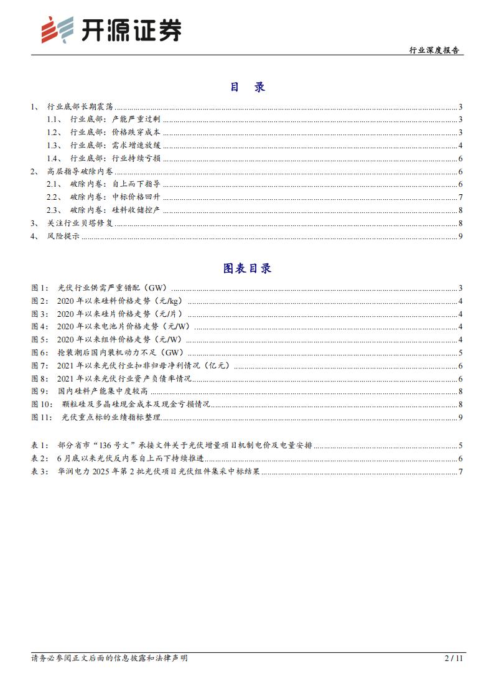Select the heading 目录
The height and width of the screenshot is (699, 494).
coord(247,87)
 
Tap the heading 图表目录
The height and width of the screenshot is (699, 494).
coord(247,269)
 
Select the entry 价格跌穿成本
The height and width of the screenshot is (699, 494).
coord(136,132)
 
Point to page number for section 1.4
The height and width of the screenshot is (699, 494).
coord(459,158)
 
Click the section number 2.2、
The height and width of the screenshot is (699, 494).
coord(56,197)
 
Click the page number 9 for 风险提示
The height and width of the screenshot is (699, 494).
coord(459,236)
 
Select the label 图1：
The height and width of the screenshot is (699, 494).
coord(40,288)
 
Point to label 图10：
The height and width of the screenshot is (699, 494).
coord(42,404)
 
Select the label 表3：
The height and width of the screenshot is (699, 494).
coord(40,472)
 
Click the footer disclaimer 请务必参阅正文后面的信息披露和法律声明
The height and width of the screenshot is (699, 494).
coord(110,658)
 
